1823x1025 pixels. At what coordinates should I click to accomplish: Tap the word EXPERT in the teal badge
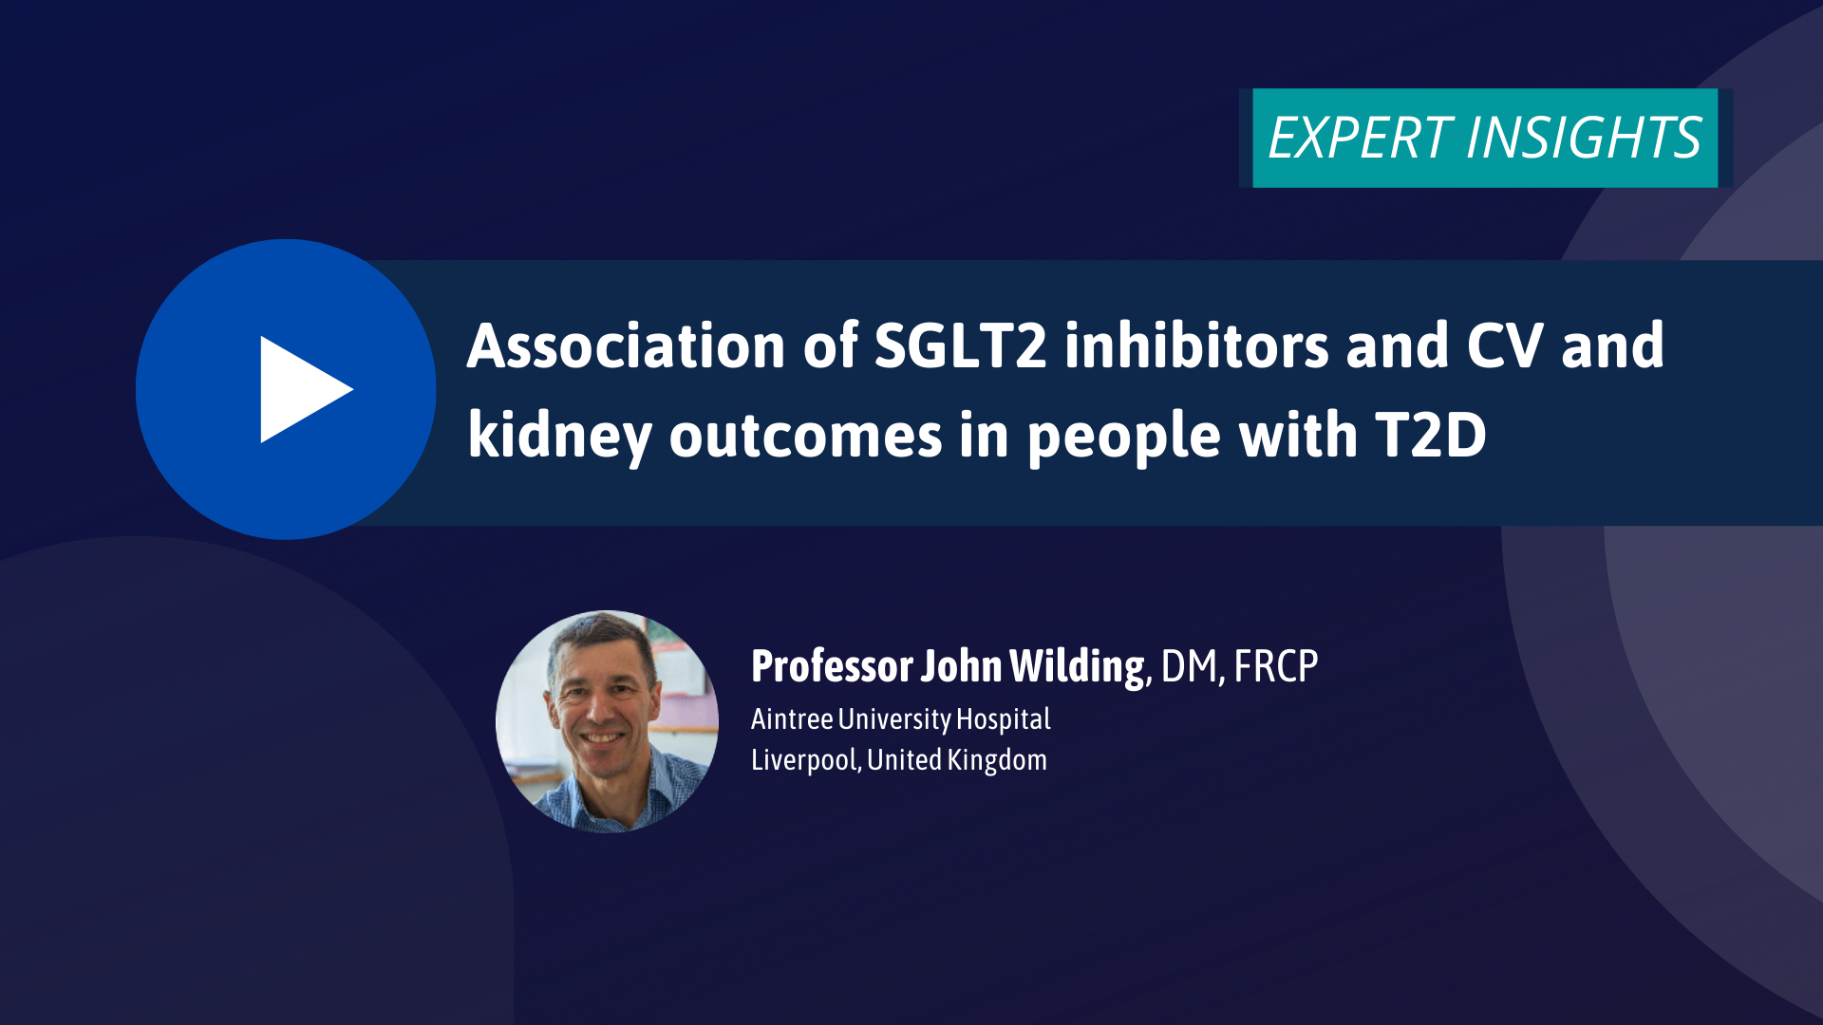click(x=1359, y=138)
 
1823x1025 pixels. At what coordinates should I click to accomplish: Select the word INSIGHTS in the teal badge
click(x=1584, y=138)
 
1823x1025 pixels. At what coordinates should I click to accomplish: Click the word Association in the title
click(x=626, y=345)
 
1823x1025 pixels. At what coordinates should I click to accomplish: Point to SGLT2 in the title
click(x=960, y=345)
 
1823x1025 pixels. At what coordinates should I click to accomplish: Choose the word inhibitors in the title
click(x=1196, y=345)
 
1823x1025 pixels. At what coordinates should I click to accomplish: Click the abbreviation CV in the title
click(x=1505, y=345)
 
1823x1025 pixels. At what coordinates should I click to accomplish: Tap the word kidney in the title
click(x=559, y=437)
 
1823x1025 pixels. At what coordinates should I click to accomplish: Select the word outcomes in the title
click(x=805, y=437)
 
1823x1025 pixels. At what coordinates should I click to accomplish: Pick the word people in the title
click(x=1123, y=438)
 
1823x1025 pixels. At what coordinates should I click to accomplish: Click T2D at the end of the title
click(x=1431, y=436)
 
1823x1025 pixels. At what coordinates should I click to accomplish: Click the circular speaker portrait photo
click(x=607, y=721)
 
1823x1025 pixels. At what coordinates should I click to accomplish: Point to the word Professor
click(x=832, y=666)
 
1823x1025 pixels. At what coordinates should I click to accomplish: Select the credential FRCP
click(x=1276, y=666)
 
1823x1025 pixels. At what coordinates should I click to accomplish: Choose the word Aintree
click(x=792, y=719)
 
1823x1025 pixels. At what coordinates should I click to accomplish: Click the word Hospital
click(x=1003, y=720)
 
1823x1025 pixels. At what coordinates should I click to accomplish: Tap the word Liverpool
click(x=805, y=761)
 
